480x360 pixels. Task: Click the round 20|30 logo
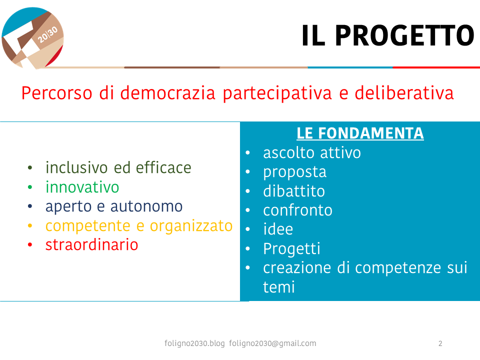coord(33,38)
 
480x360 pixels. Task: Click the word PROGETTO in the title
coord(404,36)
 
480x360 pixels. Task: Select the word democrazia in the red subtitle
coord(168,93)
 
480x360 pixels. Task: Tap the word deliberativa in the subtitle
coord(404,93)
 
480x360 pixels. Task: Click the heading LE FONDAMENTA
coord(360,133)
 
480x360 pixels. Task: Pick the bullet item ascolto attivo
coord(312,152)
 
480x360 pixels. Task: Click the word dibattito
coord(294,191)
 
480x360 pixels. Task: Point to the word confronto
coord(297,210)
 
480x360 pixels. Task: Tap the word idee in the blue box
coord(278,229)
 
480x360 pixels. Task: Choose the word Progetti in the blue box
coord(291,249)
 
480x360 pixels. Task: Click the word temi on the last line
coord(279,287)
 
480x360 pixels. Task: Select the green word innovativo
coord(82,187)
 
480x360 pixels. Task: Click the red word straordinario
coord(92,244)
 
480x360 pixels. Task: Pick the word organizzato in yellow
coord(191,226)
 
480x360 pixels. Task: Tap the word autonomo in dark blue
coord(146,206)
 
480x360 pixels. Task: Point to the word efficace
coord(163,167)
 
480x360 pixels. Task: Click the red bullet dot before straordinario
coord(30,244)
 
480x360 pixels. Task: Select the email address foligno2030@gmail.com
coord(272,343)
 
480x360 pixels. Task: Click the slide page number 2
coord(440,343)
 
